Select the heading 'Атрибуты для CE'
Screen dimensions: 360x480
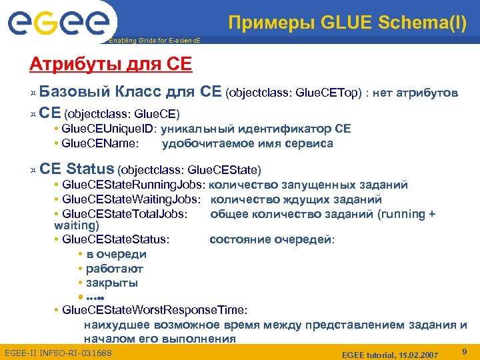(x=111, y=65)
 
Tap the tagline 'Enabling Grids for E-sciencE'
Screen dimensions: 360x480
(x=154, y=41)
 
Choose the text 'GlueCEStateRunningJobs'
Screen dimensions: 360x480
(x=132, y=185)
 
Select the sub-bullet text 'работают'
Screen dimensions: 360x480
(x=115, y=269)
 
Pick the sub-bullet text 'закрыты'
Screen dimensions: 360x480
(x=112, y=283)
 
